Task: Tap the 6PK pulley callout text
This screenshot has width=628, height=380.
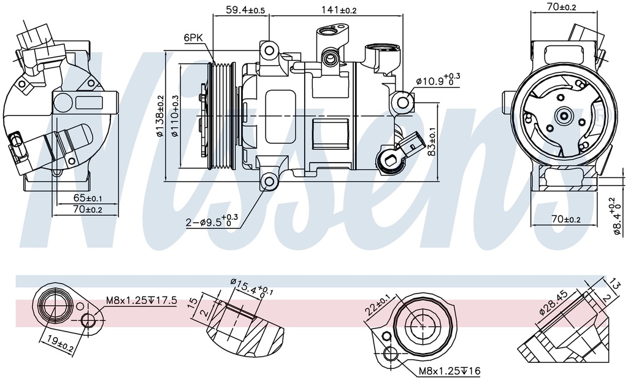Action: (x=193, y=38)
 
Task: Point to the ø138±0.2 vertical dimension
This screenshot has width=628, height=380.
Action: (x=161, y=116)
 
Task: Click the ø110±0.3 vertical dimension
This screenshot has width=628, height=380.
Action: (x=175, y=116)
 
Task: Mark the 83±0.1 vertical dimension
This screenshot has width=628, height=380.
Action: (x=432, y=141)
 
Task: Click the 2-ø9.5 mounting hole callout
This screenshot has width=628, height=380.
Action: (x=212, y=222)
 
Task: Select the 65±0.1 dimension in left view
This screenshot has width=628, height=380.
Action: (x=87, y=198)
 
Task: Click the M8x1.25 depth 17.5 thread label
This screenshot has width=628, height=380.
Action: (x=141, y=300)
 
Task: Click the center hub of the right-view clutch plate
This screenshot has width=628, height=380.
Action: (x=562, y=115)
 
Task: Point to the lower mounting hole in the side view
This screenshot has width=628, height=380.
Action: (x=269, y=181)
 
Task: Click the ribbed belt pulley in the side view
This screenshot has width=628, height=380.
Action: (x=221, y=116)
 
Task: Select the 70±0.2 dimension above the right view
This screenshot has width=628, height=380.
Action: (x=562, y=7)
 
